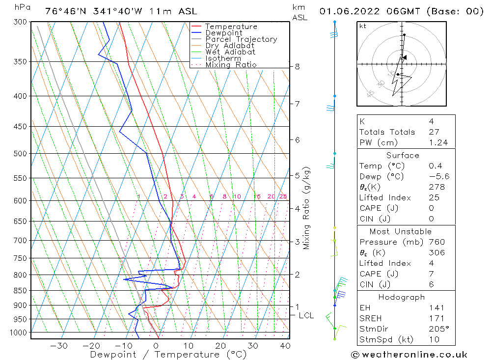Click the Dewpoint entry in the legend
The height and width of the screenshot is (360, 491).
(224, 33)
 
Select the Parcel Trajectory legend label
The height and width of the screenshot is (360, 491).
(241, 39)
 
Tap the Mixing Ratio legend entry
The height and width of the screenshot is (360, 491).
(231, 65)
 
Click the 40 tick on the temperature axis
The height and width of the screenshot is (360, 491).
(284, 346)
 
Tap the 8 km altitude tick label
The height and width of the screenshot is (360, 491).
(298, 66)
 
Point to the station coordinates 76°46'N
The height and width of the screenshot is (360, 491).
(63, 11)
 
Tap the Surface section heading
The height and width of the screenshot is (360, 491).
(403, 155)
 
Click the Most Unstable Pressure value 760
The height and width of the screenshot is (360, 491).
(436, 242)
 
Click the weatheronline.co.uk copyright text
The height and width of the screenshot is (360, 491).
(409, 355)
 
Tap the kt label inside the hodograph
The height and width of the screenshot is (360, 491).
(363, 26)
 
